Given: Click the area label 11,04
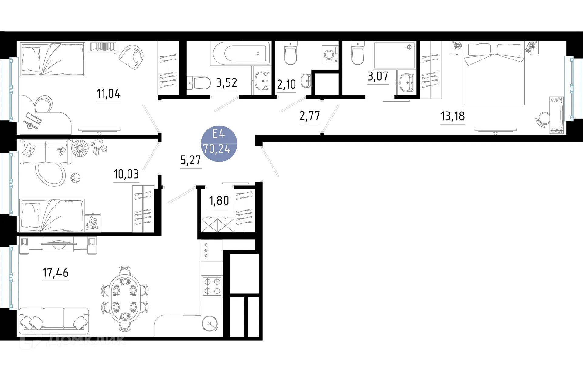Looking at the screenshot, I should pos(108,94).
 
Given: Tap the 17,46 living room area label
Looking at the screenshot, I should pos(55,273).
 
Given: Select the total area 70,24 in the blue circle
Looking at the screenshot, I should pos(217,149).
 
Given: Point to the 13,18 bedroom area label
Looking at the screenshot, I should pos(452,116).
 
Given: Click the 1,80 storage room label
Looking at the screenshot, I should pos(219,201).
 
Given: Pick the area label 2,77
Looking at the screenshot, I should pos(309,116).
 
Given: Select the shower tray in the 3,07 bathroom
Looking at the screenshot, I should pos(394,55).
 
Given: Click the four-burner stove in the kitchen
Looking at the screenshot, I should pos(212,286).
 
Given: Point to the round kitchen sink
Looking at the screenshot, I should pos(210,323).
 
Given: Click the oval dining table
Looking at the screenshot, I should pos(124,299).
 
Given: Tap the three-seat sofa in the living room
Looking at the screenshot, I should pos(54,318).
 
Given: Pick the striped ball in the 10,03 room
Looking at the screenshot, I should pos(75,178).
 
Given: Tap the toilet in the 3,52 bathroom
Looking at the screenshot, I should pos(199,83).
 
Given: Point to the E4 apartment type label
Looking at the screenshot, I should pos(218,134).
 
